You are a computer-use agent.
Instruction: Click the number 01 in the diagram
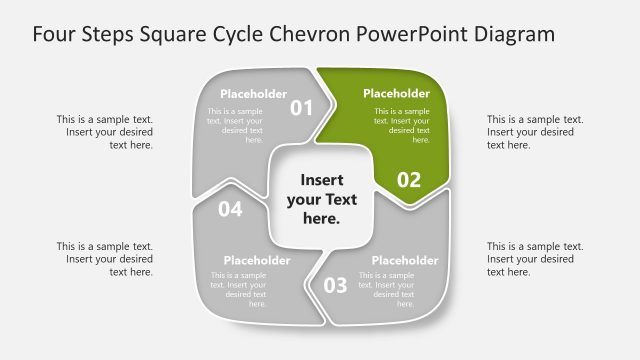(302, 107)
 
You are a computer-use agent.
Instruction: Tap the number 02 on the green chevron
(409, 180)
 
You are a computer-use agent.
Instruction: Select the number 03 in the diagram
(335, 285)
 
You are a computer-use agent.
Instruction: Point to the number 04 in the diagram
(230, 209)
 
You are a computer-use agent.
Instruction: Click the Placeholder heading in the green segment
(396, 94)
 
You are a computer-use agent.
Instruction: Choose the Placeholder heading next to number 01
(254, 94)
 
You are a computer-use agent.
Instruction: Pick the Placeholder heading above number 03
(405, 261)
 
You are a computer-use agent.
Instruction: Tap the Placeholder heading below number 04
(257, 261)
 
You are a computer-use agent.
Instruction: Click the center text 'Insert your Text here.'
(321, 198)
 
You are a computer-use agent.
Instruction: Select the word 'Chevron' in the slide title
(310, 34)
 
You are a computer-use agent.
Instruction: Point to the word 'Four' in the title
(56, 34)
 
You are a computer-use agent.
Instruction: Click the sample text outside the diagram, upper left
(105, 132)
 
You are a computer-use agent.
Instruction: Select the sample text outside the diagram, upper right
(535, 132)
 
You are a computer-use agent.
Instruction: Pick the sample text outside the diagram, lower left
(105, 259)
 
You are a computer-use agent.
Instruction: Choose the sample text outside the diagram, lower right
(535, 259)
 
